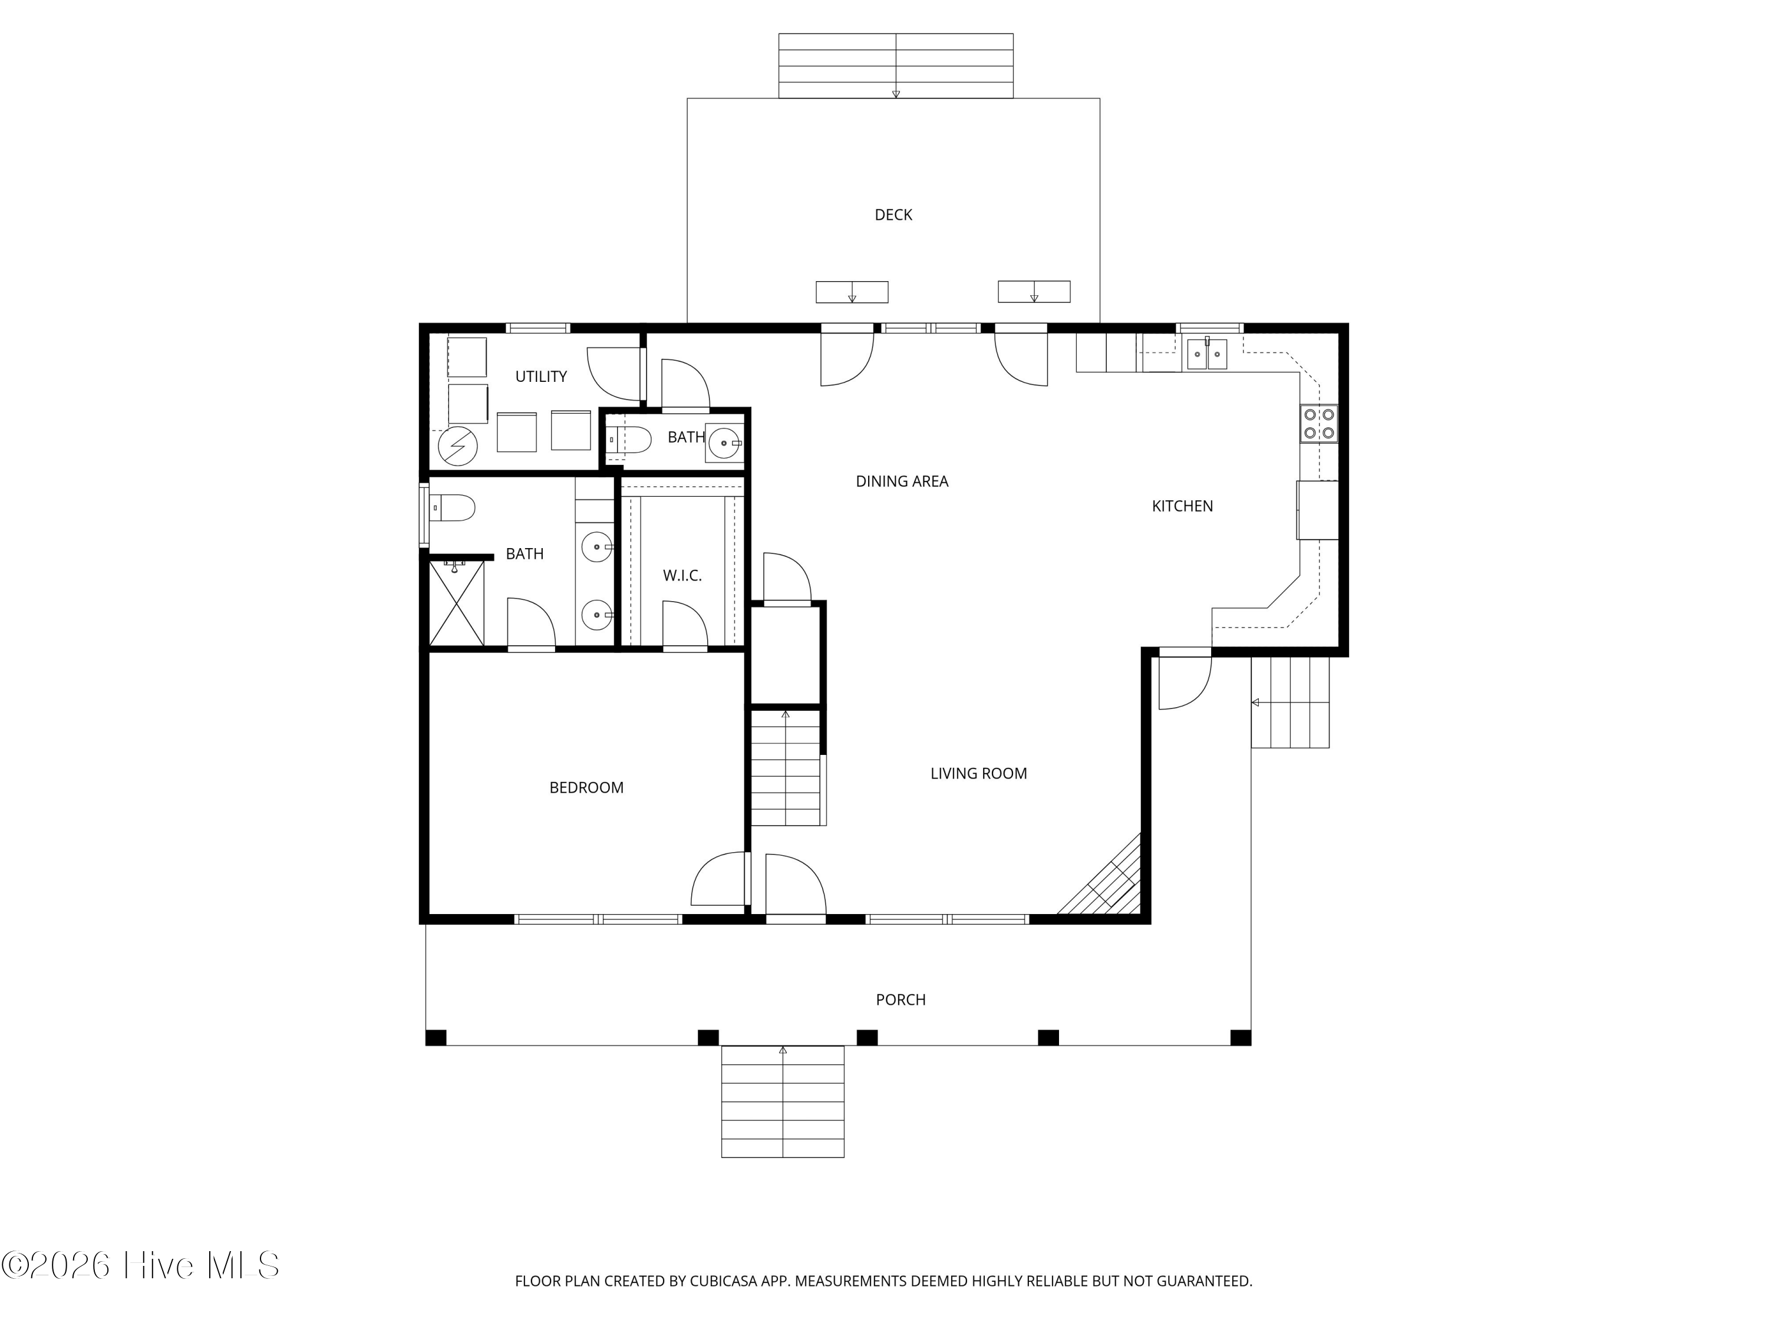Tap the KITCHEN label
[x=1182, y=506]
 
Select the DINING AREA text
[x=902, y=481]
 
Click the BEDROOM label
[x=586, y=788]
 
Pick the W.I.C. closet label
[x=682, y=575]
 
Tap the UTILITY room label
[x=541, y=377]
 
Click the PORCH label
[x=901, y=1000]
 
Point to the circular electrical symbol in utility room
[x=458, y=447]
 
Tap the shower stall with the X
[x=456, y=603]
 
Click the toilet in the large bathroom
[x=453, y=507]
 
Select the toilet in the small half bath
[x=629, y=440]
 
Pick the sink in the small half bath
[x=724, y=443]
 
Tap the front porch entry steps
[x=783, y=1101]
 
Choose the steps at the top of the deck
[x=896, y=65]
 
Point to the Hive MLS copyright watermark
[x=141, y=1265]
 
